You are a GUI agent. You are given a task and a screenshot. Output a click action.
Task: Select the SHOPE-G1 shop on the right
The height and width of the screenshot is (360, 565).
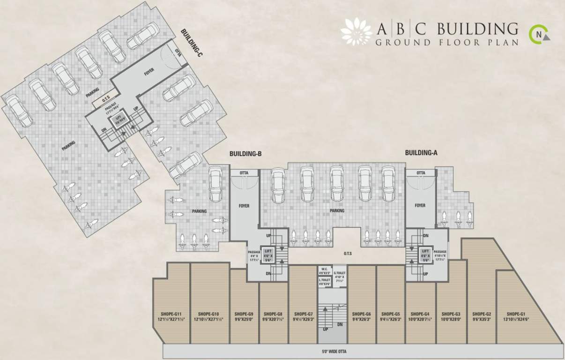515,314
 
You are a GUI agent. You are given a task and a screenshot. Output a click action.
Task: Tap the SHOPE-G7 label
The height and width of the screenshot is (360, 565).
303,314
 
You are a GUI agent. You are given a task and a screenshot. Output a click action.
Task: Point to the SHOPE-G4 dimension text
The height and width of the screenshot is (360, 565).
420,320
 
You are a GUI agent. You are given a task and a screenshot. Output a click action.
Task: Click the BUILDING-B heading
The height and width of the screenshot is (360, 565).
245,153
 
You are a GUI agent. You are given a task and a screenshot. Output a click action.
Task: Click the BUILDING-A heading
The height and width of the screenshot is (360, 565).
421,152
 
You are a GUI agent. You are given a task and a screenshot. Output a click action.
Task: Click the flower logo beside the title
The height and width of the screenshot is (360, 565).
356,32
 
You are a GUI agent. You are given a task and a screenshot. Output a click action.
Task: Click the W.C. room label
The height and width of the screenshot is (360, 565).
324,271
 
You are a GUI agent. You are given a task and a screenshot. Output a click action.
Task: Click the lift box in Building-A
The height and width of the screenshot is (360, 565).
426,255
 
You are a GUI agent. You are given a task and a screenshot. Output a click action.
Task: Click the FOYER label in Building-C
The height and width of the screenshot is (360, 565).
149,72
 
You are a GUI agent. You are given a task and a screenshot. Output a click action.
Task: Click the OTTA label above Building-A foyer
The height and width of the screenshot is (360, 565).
420,173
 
